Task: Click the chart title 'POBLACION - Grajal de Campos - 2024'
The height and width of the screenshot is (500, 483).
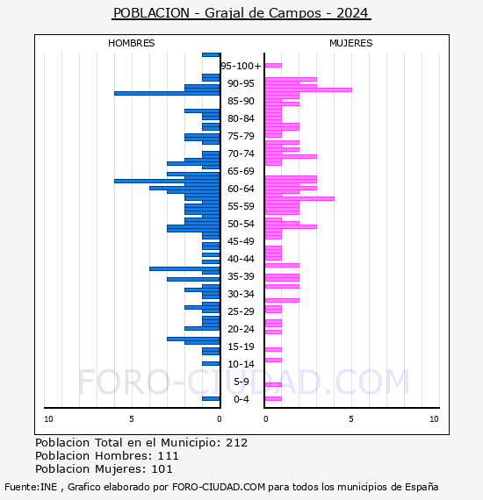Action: tap(241, 13)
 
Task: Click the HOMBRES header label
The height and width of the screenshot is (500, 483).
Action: tap(131, 43)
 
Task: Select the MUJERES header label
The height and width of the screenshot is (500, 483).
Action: tap(350, 43)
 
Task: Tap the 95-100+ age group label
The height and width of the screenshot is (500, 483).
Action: tap(241, 66)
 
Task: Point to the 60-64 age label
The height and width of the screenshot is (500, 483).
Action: tap(241, 189)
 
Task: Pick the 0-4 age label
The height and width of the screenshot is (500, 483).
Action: tap(241, 399)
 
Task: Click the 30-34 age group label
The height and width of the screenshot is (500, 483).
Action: tap(241, 294)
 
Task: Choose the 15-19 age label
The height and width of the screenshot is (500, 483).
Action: tap(241, 346)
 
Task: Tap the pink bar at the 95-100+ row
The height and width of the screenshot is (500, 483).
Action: tap(273, 65)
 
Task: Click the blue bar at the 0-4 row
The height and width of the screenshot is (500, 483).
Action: tap(211, 398)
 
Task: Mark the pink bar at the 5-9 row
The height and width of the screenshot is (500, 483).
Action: tap(273, 384)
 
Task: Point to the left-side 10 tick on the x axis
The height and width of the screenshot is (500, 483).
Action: tap(48, 419)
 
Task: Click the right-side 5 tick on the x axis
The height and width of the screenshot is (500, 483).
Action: tap(350, 419)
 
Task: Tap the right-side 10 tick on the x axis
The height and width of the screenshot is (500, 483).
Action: tap(434, 419)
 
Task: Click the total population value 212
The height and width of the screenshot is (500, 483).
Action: tap(236, 442)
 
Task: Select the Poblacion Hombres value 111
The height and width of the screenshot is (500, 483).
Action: tap(169, 456)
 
